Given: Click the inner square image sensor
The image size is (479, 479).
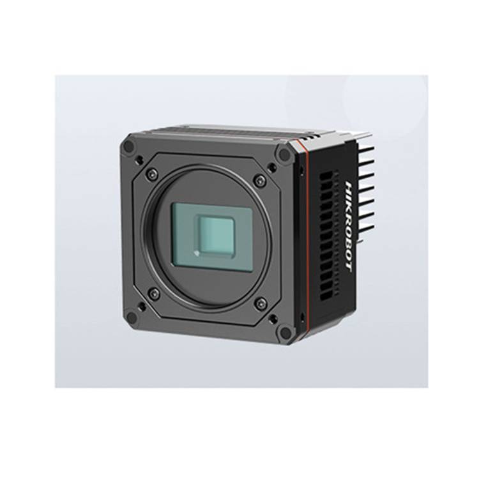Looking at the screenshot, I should [x=215, y=234].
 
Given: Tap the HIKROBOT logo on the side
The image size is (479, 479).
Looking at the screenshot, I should [x=347, y=227].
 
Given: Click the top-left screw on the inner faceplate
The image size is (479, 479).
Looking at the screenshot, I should [x=152, y=173].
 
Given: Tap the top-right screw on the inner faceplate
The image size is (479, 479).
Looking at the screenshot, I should [x=259, y=180].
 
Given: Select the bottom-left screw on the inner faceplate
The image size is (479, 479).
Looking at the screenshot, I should [x=153, y=294].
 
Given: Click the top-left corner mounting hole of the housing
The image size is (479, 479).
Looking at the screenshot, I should [x=130, y=146].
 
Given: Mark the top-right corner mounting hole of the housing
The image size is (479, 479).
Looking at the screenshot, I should [x=285, y=155].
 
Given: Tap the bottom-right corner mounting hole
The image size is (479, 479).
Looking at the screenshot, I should [x=285, y=332].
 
